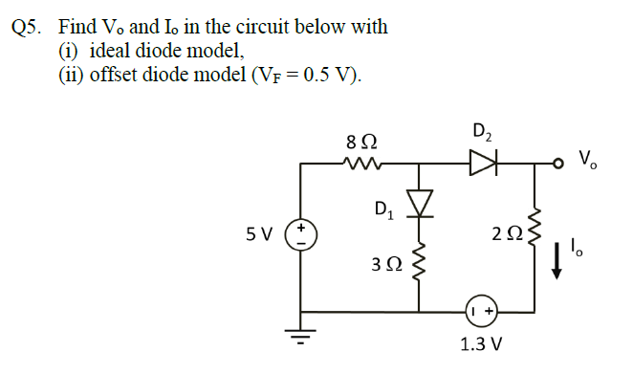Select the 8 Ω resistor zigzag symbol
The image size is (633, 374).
point(363,165)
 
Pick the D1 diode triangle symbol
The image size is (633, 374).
point(418,203)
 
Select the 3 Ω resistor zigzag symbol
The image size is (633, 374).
point(418,269)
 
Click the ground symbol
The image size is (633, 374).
point(302,336)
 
